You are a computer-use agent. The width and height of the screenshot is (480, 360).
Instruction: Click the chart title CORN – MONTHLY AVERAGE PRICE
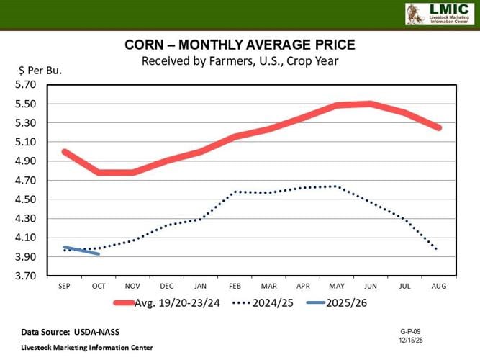tap(240, 46)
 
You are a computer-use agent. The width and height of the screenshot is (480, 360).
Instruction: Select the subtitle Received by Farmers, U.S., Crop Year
tap(240, 60)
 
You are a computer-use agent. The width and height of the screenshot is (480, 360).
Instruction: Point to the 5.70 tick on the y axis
tap(26, 84)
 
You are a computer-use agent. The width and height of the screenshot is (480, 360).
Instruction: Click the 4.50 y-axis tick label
tap(26, 199)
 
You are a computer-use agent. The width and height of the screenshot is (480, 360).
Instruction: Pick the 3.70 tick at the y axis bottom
tap(26, 276)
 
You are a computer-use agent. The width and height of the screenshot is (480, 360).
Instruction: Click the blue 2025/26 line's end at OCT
tap(99, 253)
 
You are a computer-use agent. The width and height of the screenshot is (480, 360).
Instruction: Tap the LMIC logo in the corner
tap(438, 14)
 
